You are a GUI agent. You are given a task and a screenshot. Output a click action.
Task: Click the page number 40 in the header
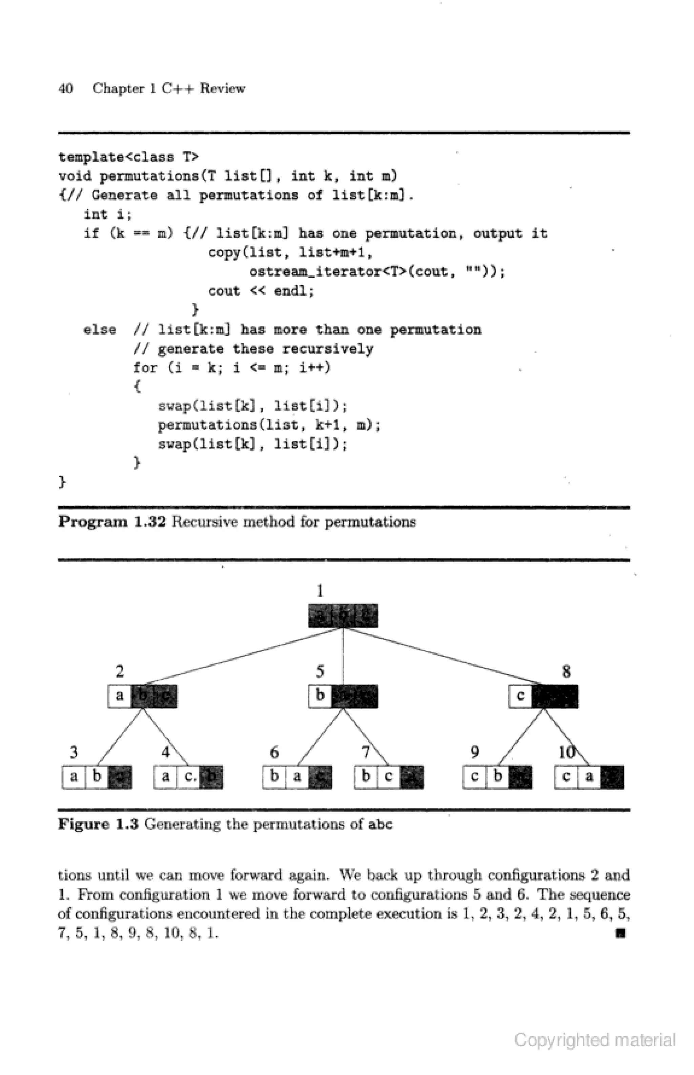(x=65, y=89)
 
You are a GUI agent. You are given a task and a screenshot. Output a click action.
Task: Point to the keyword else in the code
(x=100, y=330)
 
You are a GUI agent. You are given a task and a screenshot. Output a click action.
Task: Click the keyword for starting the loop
(x=145, y=368)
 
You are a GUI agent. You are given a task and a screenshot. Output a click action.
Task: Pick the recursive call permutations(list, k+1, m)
(x=269, y=425)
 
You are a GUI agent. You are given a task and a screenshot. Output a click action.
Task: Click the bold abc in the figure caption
(x=380, y=824)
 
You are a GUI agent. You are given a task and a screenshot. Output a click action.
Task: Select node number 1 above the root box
(x=320, y=591)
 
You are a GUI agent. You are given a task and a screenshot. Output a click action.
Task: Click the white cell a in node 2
(x=119, y=696)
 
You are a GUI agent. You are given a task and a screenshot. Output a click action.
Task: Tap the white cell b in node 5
(x=320, y=696)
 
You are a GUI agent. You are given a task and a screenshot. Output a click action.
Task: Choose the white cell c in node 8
(x=520, y=696)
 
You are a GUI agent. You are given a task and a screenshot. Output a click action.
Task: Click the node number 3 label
(x=74, y=752)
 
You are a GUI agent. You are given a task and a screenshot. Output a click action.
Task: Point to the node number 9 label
(x=474, y=752)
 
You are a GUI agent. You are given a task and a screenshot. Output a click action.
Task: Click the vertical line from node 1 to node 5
(x=343, y=656)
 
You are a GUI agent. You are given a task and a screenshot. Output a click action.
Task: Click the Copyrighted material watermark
(x=594, y=1041)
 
